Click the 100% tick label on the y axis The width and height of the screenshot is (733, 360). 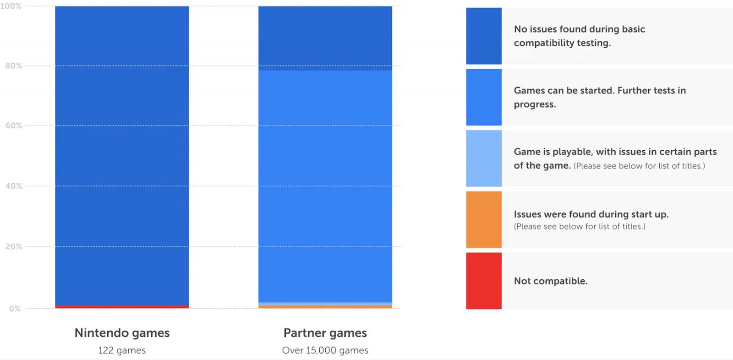[x=11, y=6]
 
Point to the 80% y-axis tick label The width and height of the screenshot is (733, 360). [x=14, y=65]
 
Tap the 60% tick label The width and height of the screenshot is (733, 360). [x=14, y=125]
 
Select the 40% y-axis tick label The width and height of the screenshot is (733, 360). [x=14, y=186]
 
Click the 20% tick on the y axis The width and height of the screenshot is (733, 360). [x=14, y=246]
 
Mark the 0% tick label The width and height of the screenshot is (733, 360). [x=15, y=309]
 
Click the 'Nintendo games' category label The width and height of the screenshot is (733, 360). [x=122, y=333]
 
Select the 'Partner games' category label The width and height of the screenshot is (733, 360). [x=325, y=333]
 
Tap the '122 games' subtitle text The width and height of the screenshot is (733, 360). [x=122, y=350]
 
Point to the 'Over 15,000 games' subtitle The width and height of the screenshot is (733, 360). [x=325, y=350]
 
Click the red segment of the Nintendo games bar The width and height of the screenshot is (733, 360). [x=122, y=306]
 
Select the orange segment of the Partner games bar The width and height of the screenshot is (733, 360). [x=325, y=307]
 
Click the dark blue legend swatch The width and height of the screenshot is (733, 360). [x=484, y=36]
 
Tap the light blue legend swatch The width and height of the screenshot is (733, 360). [x=484, y=158]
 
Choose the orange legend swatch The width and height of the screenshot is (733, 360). [x=484, y=220]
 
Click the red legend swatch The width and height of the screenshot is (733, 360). [x=484, y=281]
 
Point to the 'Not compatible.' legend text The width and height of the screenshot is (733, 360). [x=551, y=281]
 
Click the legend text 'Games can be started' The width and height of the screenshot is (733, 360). [x=599, y=91]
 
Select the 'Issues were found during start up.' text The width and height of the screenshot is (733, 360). [x=591, y=214]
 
